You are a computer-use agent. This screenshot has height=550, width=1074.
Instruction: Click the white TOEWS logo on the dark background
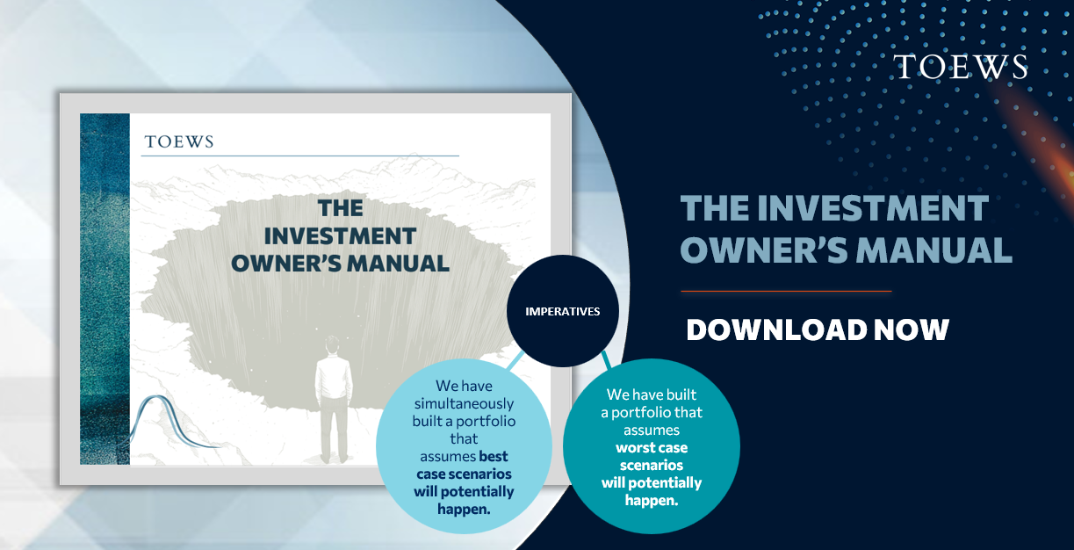pos(960,66)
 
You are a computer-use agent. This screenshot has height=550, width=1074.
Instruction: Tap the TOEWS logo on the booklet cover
pos(179,141)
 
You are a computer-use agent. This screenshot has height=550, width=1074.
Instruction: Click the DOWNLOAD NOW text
pos(818,329)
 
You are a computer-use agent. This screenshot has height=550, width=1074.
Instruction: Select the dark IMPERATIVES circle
pos(563,311)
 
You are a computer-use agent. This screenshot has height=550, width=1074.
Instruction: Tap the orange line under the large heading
pos(786,291)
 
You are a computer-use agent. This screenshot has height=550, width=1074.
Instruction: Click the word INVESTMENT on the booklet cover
pos(340,236)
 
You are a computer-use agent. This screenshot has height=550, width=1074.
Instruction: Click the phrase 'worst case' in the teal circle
pos(652,448)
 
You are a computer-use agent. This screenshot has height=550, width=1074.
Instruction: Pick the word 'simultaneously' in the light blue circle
pos(465,404)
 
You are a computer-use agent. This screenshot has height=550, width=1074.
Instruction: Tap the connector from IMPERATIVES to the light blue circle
pos(515,360)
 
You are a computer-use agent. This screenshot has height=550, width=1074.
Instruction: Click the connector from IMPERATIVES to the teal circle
pos(606,360)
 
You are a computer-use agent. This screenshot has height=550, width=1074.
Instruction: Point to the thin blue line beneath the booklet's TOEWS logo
pos(300,156)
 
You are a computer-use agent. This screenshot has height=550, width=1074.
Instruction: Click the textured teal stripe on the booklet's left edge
pos(105,289)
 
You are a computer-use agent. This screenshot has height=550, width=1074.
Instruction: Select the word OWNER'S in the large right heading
pos(764,250)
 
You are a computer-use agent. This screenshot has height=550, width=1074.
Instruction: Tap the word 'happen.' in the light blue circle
pos(465,510)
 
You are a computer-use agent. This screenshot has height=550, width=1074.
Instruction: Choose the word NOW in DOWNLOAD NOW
pos(912,329)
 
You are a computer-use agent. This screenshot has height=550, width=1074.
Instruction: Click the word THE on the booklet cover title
pos(341,208)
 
